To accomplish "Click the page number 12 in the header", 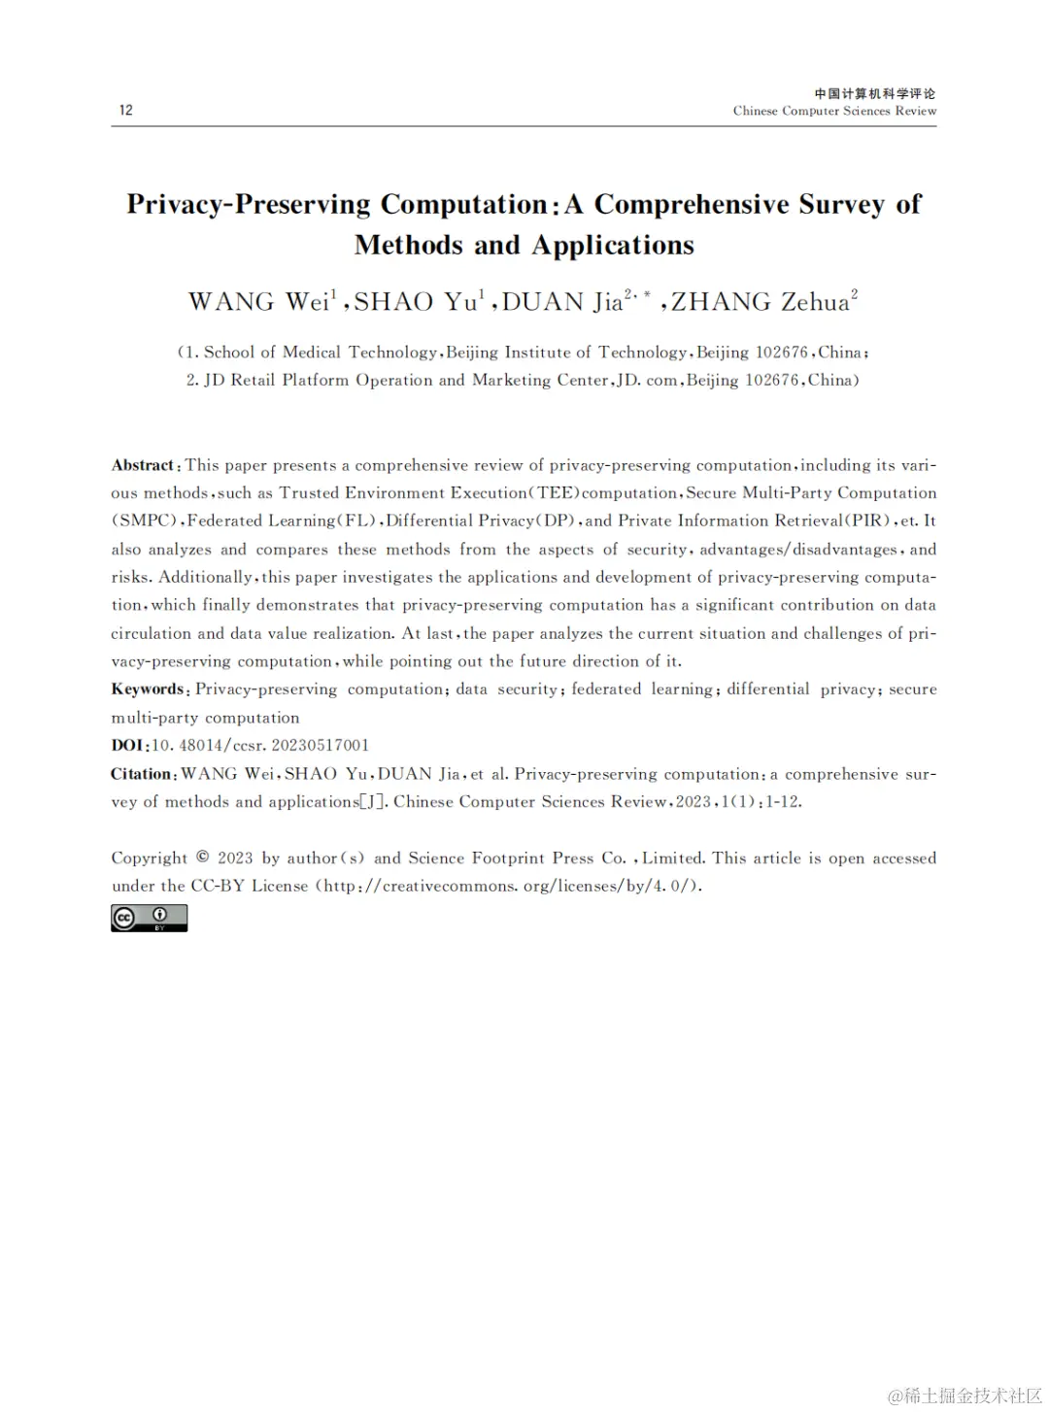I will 126,110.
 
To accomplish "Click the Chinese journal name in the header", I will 874,93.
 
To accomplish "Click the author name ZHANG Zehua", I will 760,302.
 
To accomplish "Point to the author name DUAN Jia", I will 562,302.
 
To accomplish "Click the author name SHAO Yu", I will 415,302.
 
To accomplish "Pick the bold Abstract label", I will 143,465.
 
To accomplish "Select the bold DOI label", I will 128,746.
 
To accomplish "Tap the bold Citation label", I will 143,774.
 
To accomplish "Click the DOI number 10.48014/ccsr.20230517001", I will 261,746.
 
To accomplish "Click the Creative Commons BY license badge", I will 149,918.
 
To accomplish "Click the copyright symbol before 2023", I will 203,857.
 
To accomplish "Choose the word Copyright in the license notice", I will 150,858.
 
